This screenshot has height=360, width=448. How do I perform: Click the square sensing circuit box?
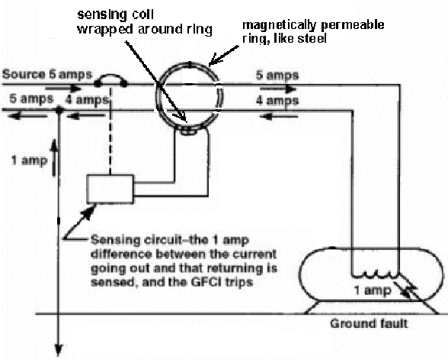111,187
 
